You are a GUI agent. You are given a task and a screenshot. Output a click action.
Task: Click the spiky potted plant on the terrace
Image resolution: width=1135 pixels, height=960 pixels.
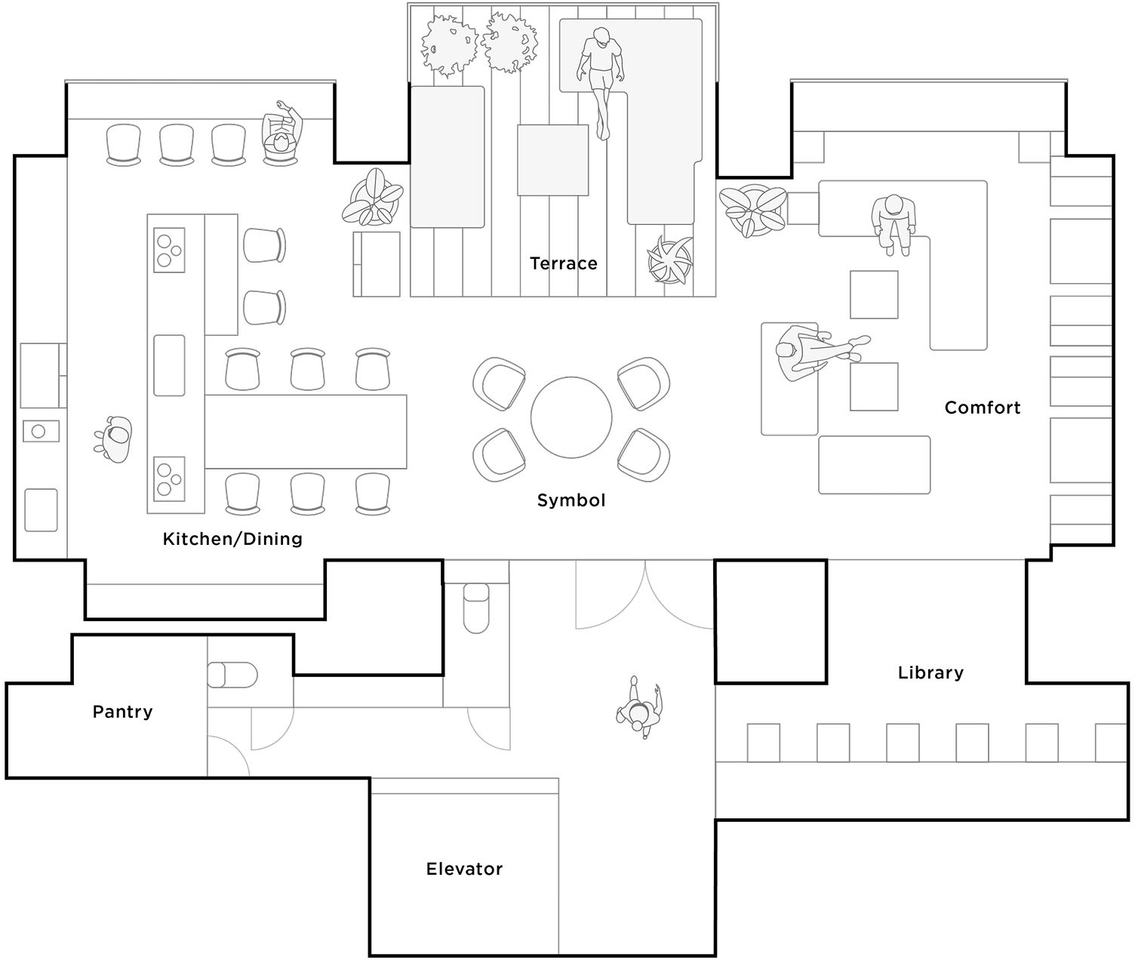669,260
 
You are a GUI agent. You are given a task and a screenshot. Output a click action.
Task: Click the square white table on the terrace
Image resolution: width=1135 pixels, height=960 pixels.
552,160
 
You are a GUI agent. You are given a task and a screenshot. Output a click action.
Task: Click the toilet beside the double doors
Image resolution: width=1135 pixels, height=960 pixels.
475,608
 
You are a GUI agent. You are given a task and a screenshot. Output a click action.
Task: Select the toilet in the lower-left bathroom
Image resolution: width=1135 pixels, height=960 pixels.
232,674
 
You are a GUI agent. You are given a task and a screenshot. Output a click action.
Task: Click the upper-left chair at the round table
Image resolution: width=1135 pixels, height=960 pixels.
499,383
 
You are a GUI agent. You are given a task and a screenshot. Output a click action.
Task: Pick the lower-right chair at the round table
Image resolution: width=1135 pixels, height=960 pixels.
643,454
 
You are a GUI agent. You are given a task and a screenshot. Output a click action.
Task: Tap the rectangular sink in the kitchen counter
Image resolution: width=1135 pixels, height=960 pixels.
169,365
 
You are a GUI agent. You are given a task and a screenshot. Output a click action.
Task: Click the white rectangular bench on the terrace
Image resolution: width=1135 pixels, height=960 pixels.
447,156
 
